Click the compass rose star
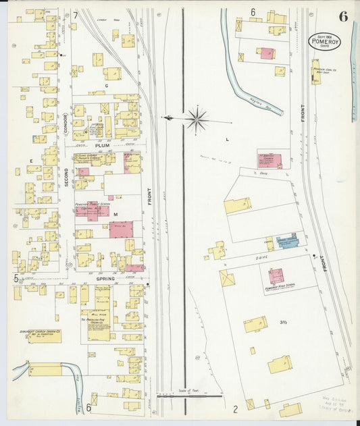pos(197,119)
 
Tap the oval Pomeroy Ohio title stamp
pos(325,42)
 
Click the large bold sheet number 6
pos(343,17)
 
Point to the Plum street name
pos(103,145)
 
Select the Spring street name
pos(105,278)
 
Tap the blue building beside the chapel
pos(288,242)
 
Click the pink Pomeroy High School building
pos(276,276)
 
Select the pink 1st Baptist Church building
pos(269,159)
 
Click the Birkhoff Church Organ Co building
pos(44,336)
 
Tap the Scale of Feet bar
pos(189,396)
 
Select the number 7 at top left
pos(76,15)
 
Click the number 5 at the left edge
pos(15,277)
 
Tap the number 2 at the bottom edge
pos(235,408)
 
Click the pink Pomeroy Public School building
pos(96,211)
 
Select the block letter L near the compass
pos(227,139)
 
